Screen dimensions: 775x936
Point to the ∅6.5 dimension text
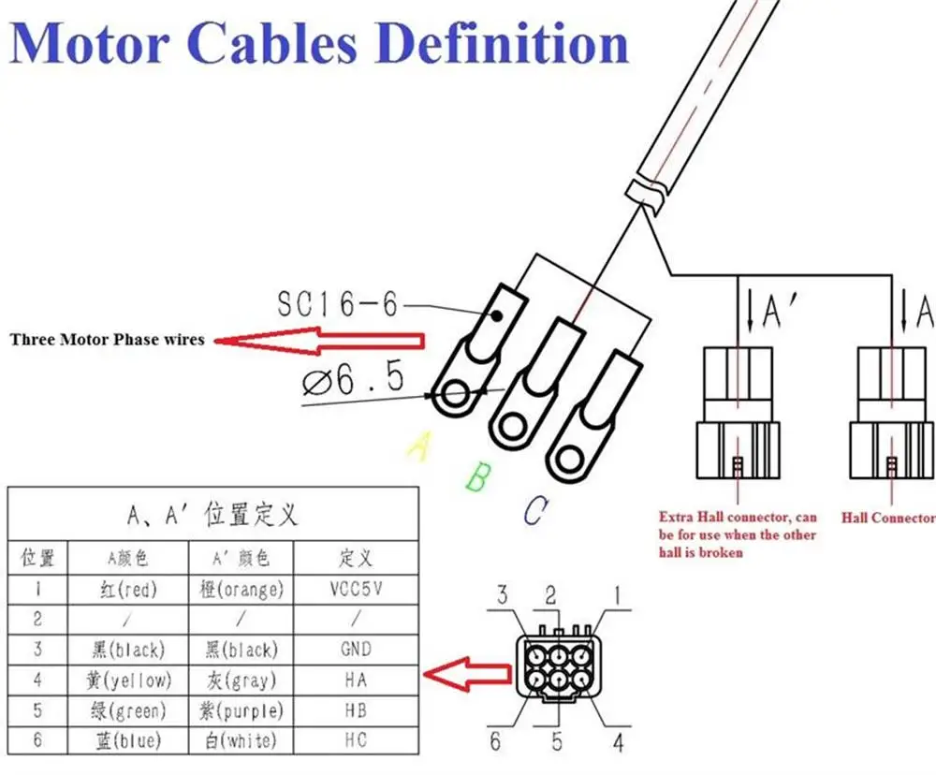click(x=354, y=379)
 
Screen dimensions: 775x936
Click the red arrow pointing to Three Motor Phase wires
click(x=318, y=340)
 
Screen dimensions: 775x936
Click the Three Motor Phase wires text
click(x=107, y=340)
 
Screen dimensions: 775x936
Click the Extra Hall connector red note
click(x=738, y=534)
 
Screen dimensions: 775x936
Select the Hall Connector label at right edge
click(x=887, y=517)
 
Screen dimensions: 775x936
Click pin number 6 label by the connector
click(x=495, y=742)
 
